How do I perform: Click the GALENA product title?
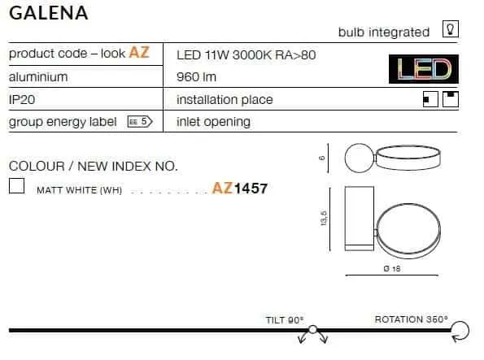49,13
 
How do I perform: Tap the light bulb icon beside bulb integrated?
451,29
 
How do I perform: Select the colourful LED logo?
424,69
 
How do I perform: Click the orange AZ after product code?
139,52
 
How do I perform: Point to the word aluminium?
38,77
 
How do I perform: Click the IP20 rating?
22,100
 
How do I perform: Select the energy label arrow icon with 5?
140,122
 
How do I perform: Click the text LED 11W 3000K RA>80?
246,55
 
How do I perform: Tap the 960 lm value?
196,77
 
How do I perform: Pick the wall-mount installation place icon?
430,99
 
